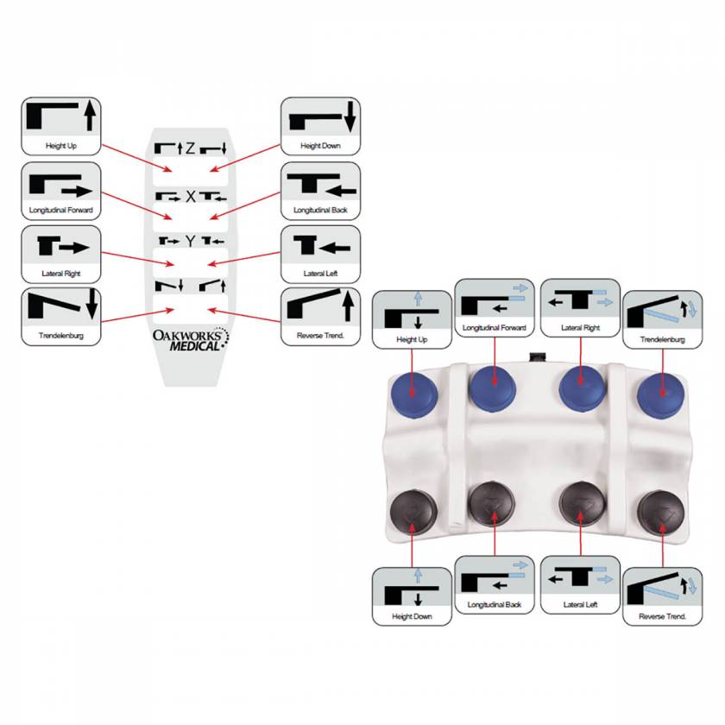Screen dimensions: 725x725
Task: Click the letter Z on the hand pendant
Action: click(190, 148)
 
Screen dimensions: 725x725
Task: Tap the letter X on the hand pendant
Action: click(191, 197)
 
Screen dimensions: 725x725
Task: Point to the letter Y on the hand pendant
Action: click(191, 241)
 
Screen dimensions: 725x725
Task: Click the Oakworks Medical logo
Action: click(191, 340)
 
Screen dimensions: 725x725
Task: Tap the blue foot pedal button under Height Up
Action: click(414, 396)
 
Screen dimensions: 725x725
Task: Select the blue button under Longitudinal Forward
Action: click(492, 388)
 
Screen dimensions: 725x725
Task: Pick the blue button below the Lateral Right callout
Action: click(582, 388)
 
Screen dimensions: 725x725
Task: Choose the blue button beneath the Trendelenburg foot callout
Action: click(661, 396)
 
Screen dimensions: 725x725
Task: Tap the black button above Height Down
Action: click(413, 513)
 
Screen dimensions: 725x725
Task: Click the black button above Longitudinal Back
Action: click(491, 505)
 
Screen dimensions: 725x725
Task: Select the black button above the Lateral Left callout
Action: click(582, 505)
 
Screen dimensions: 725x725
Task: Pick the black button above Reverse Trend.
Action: click(661, 514)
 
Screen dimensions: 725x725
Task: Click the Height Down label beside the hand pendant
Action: click(320, 146)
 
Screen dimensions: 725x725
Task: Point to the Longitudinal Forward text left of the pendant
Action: click(61, 210)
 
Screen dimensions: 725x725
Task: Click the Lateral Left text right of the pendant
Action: click(320, 274)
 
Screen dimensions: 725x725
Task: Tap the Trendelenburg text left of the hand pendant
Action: click(61, 335)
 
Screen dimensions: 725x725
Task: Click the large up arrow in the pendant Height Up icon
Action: click(90, 116)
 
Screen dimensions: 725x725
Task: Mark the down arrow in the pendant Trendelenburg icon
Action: click(92, 304)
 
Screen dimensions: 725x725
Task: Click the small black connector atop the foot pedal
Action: click(537, 357)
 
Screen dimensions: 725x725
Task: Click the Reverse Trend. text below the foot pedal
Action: click(663, 616)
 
